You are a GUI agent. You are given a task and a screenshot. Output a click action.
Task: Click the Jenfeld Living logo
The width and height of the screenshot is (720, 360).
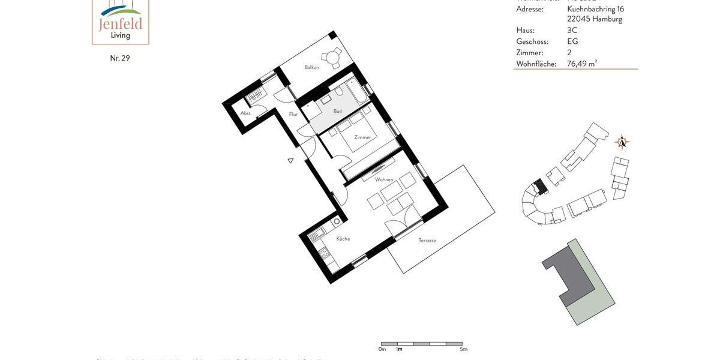(120, 22)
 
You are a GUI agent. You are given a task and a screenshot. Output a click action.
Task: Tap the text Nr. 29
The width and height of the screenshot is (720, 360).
(120, 58)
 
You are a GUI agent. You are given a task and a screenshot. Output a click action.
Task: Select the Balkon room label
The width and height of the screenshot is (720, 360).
(311, 67)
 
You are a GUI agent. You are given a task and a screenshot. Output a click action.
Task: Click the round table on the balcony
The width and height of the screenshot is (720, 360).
(331, 58)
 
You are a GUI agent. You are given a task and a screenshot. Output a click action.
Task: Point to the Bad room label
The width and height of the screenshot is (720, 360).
(338, 111)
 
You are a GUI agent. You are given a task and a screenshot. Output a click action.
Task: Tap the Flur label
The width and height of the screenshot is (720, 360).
(293, 114)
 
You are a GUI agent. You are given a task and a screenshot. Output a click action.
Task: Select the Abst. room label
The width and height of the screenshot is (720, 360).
(246, 113)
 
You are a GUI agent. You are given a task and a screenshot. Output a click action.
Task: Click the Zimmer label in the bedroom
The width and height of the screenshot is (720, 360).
(362, 137)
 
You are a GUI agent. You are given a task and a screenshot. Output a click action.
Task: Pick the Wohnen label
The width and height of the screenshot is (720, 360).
(384, 179)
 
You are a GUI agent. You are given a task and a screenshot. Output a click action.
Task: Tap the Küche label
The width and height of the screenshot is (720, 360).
(343, 239)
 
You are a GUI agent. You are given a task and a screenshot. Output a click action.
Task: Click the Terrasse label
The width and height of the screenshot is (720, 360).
(427, 240)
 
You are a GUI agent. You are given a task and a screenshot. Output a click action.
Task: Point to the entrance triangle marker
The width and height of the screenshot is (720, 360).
(290, 161)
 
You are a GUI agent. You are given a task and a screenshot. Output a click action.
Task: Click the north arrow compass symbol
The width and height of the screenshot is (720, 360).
(622, 142)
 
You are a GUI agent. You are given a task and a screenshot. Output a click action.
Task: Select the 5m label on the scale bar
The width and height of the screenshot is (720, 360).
(463, 349)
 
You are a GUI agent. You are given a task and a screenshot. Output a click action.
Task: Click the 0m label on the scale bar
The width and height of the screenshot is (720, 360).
(382, 349)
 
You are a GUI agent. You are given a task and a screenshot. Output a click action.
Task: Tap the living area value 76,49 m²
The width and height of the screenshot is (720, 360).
(582, 64)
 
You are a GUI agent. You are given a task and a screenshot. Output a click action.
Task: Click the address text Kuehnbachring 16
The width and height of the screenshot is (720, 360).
(595, 9)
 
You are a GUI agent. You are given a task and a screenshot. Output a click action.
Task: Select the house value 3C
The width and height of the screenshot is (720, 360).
(572, 31)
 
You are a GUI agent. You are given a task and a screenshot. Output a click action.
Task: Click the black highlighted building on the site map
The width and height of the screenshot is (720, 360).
(541, 187)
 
